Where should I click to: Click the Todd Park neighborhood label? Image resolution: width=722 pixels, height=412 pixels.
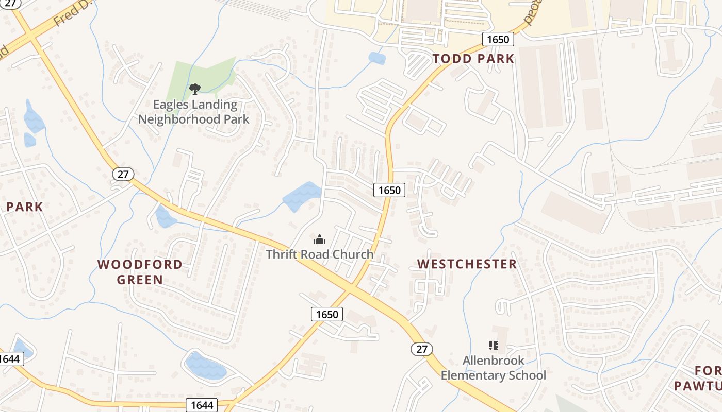pyautogui.click(x=473, y=59)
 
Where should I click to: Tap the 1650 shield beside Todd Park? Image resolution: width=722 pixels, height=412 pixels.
pyautogui.click(x=498, y=39)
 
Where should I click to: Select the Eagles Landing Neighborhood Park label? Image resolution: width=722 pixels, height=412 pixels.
pyautogui.click(x=194, y=112)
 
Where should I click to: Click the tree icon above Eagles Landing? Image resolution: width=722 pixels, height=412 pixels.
pyautogui.click(x=194, y=90)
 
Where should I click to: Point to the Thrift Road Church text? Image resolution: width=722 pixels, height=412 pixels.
pyautogui.click(x=320, y=254)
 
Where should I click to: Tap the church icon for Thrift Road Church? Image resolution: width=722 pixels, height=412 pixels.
pyautogui.click(x=320, y=239)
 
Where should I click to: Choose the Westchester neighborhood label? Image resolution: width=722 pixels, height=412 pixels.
pyautogui.click(x=467, y=264)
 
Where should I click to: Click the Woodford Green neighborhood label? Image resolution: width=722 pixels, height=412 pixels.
pyautogui.click(x=140, y=272)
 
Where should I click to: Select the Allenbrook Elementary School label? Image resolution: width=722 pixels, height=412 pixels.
pyautogui.click(x=493, y=368)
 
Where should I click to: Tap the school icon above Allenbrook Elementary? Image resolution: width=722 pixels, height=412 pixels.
pyautogui.click(x=494, y=346)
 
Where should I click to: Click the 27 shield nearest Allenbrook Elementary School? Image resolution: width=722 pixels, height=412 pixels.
pyautogui.click(x=422, y=349)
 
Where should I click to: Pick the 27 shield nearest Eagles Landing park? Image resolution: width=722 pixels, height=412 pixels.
pyautogui.click(x=123, y=174)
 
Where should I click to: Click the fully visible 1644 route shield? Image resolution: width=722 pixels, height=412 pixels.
pyautogui.click(x=202, y=405)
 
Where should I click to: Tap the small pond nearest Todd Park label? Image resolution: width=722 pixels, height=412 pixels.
pyautogui.click(x=377, y=58)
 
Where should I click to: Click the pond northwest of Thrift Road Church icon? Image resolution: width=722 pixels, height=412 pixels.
pyautogui.click(x=302, y=196)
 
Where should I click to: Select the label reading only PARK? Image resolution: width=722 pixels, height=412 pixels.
pyautogui.click(x=24, y=207)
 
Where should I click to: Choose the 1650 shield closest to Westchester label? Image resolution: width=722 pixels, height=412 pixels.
pyautogui.click(x=389, y=190)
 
